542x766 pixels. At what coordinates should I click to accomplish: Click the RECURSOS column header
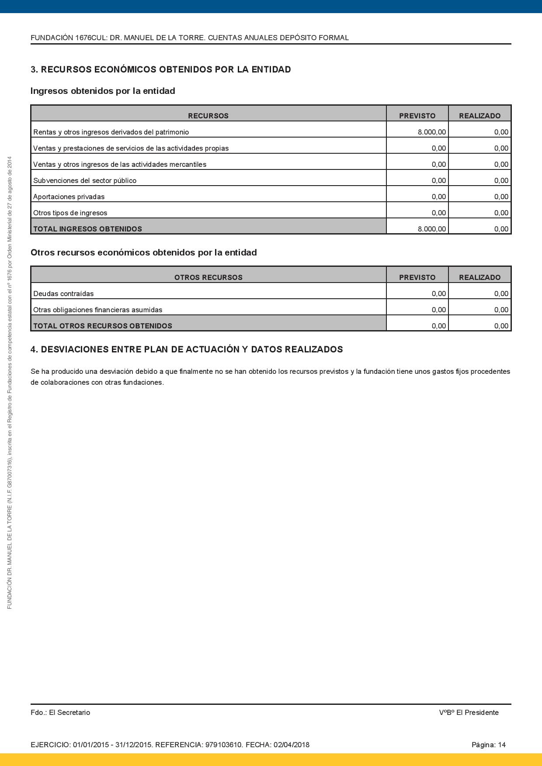(208, 116)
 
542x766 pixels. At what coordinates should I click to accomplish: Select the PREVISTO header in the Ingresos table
(417, 116)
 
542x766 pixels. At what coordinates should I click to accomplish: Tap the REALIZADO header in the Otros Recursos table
(479, 277)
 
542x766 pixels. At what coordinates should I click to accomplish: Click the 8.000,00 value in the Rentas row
(431, 132)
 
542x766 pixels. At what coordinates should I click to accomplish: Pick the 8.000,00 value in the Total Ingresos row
(431, 229)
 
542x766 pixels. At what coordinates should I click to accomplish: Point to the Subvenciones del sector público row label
(85, 180)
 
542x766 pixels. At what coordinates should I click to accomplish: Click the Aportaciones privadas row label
(69, 197)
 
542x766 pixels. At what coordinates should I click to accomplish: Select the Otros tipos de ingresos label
(70, 213)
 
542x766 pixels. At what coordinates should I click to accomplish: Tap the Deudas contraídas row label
(63, 293)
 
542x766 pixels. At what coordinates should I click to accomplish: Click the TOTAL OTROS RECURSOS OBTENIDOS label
(103, 326)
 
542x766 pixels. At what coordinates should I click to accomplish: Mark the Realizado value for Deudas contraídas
(501, 293)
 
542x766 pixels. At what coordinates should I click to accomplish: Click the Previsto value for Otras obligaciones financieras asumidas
(438, 310)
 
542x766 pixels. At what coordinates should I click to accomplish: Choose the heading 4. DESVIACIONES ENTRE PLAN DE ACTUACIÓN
(187, 349)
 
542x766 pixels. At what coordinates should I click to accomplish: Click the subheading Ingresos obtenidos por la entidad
(103, 91)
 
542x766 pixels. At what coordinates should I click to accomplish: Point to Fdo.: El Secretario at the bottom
(60, 712)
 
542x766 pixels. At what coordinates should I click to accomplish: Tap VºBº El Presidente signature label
(469, 712)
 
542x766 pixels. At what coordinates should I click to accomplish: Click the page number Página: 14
(488, 745)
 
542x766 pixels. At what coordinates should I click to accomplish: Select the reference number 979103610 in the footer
(224, 745)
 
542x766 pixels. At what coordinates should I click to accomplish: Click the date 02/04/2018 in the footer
(292, 745)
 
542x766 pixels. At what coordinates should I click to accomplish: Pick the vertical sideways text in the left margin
(10, 382)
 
